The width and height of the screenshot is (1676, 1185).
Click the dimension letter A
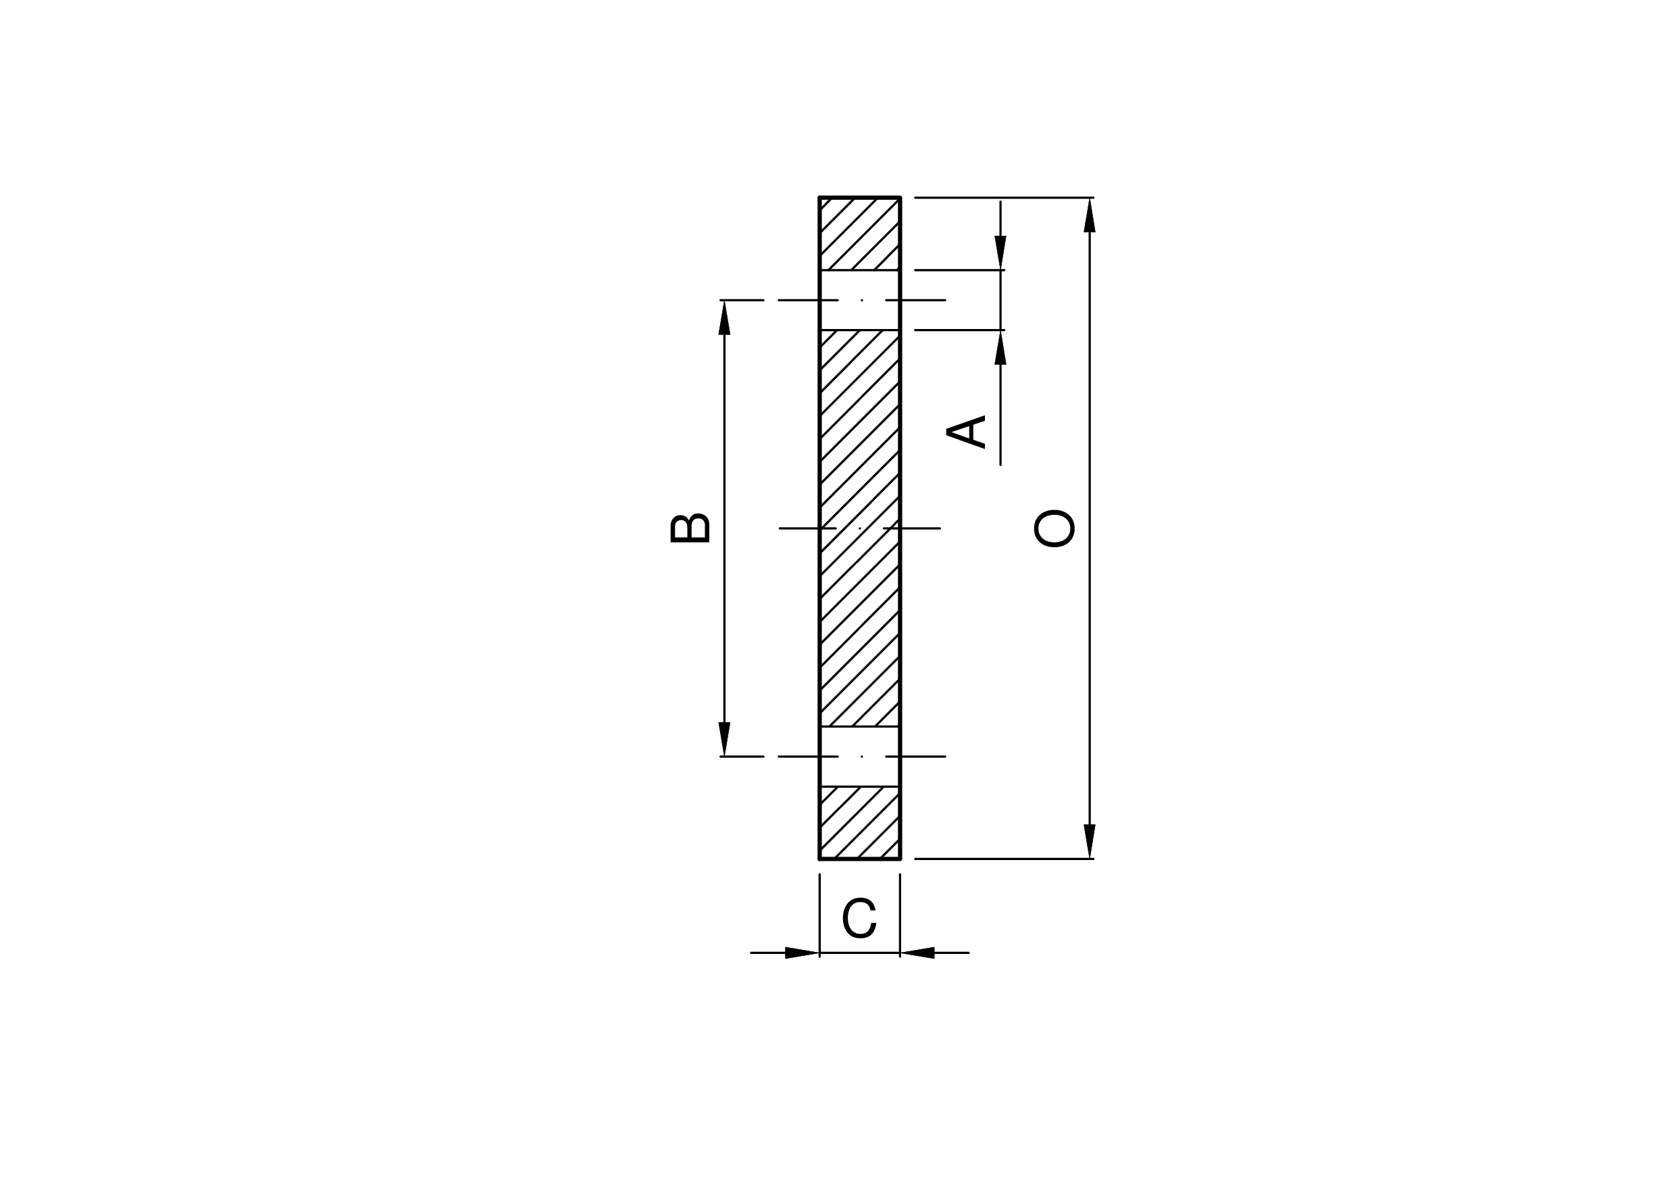(966, 432)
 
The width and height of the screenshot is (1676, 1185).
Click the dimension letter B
(690, 528)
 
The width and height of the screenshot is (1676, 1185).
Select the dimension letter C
(859, 917)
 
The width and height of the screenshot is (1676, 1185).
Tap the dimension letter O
(1054, 528)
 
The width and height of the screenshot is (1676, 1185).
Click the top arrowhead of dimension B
(724, 318)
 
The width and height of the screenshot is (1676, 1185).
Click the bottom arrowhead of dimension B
(724, 739)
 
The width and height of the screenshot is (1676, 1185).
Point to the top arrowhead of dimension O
(1090, 215)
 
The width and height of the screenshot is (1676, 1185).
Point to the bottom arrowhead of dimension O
(1090, 841)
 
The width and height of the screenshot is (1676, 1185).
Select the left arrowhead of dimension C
(803, 953)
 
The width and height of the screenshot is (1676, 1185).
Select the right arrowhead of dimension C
(917, 953)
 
